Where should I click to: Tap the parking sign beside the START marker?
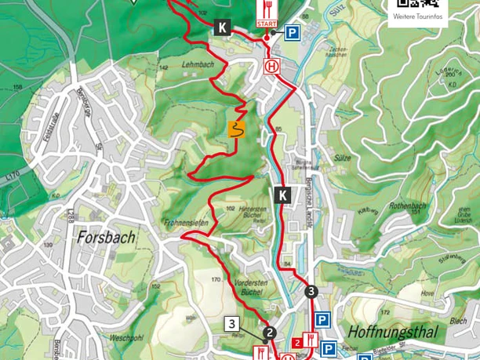point(292,32)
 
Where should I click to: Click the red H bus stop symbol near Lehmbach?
point(272,67)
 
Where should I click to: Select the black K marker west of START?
point(221,28)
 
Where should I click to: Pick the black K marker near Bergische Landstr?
point(283,195)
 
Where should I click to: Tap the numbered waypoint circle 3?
point(311,292)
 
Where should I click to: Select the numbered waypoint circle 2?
point(270,333)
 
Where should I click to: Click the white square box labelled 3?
point(231,323)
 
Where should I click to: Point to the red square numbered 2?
point(297,342)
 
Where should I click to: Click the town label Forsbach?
point(106,236)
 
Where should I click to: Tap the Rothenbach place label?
point(411,206)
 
